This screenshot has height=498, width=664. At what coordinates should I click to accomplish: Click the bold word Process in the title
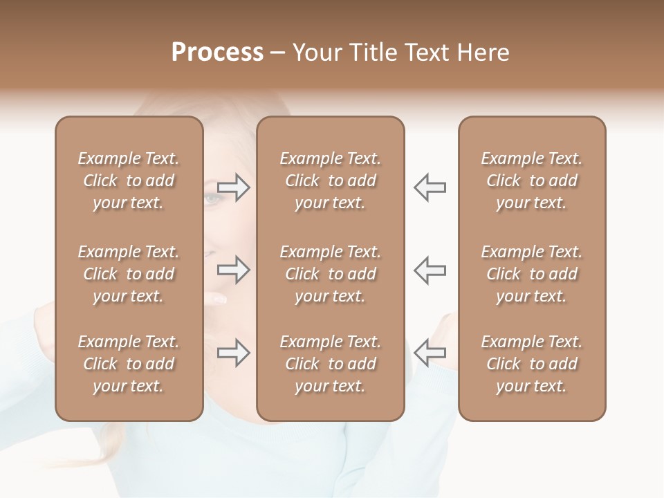(217, 53)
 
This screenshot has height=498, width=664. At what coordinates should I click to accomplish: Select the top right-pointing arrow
(234, 187)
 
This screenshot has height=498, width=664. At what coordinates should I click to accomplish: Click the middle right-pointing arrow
(234, 270)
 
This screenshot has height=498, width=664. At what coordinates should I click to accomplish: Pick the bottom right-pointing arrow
(234, 353)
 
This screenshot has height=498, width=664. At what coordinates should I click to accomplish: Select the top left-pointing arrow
(430, 187)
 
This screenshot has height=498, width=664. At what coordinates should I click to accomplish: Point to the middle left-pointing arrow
(430, 270)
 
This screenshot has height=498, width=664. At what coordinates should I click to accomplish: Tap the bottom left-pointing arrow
(430, 353)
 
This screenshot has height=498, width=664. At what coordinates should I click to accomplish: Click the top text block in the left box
(129, 181)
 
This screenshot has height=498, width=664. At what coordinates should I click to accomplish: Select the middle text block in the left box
(129, 274)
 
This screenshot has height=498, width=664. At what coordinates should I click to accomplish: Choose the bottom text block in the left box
(129, 364)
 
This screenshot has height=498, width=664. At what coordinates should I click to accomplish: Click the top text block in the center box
(330, 181)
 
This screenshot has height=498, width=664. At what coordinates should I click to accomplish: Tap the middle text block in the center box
(330, 274)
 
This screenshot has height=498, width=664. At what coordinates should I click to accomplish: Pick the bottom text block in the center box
(330, 364)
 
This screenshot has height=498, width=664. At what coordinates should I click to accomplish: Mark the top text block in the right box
(531, 181)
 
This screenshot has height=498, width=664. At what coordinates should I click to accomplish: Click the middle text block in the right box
(531, 274)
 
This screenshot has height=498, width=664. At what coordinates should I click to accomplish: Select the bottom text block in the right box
(531, 364)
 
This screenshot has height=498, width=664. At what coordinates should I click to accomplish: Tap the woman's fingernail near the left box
(218, 299)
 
